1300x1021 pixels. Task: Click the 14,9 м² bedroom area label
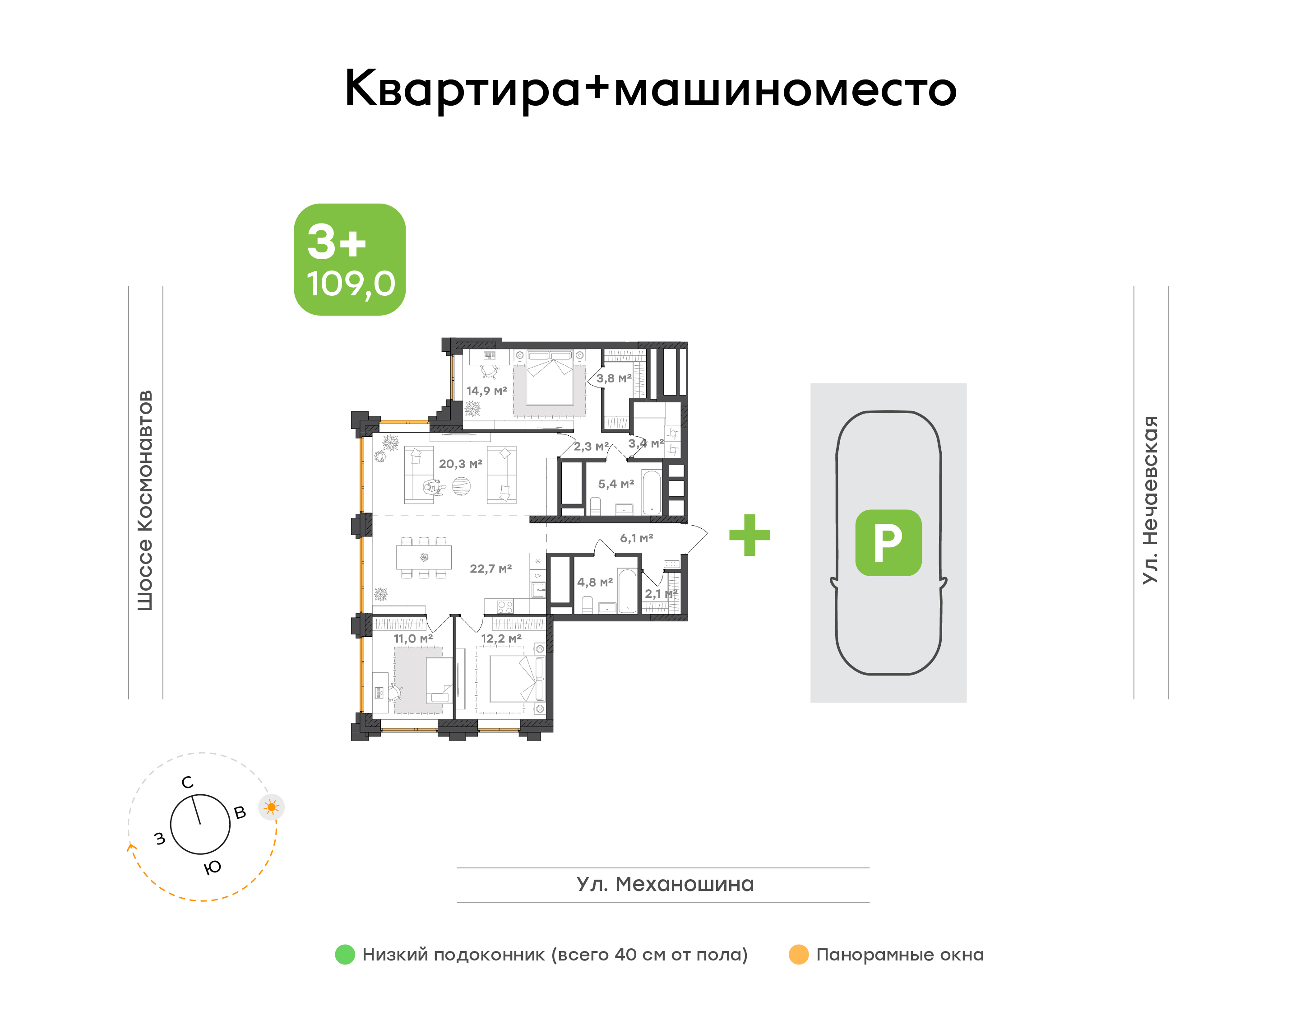(x=486, y=391)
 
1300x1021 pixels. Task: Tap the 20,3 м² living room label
(x=460, y=464)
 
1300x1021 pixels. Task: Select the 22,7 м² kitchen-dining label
(x=490, y=569)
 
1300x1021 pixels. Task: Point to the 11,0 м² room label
(x=413, y=639)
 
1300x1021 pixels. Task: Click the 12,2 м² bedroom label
(x=501, y=639)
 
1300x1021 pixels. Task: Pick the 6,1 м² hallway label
(x=636, y=538)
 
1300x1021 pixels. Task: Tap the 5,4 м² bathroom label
(x=616, y=484)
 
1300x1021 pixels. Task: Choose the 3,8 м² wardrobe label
(x=614, y=378)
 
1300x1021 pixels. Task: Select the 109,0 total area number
(x=351, y=284)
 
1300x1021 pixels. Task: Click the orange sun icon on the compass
(x=271, y=807)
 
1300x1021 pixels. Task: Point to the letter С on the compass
(x=188, y=783)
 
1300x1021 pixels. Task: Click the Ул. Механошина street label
(x=665, y=884)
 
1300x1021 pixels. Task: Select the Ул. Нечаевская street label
(x=1150, y=500)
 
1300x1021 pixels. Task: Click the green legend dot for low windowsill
(x=345, y=955)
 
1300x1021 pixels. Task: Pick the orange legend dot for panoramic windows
(x=798, y=955)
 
